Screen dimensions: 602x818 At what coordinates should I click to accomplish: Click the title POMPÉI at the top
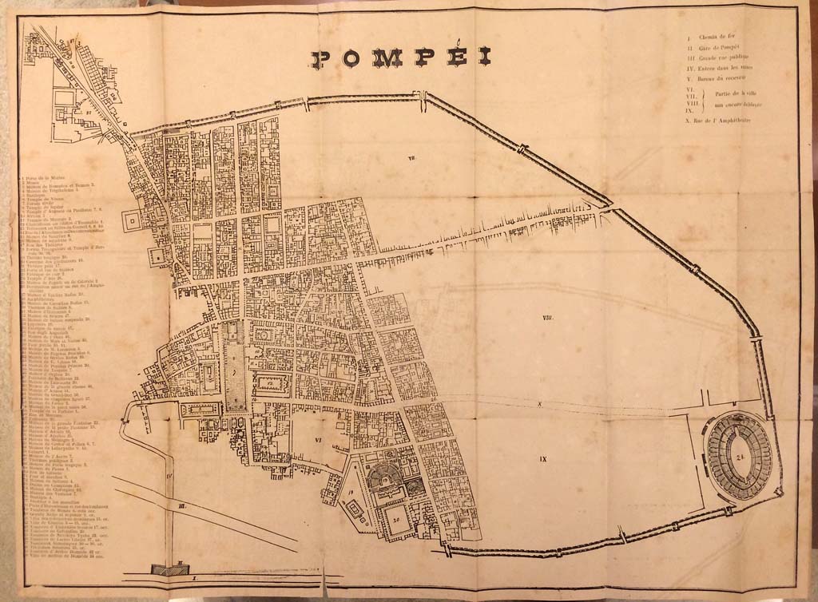(x=401, y=58)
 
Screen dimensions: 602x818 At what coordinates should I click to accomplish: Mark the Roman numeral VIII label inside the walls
(x=548, y=319)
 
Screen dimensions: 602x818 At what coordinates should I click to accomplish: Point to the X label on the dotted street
(x=540, y=405)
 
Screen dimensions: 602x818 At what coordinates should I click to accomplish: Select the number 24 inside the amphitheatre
(x=741, y=457)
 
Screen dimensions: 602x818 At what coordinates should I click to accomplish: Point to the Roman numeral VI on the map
(x=317, y=438)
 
